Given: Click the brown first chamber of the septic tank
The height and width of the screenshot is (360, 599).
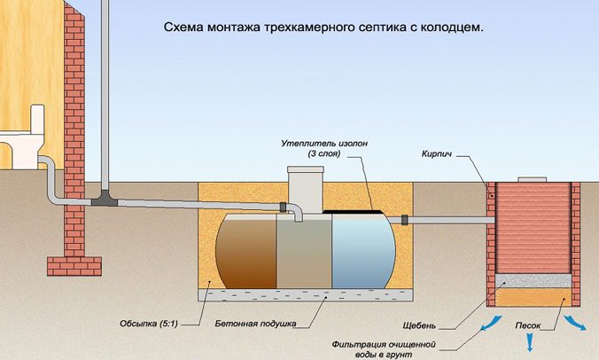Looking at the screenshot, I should pyautogui.click(x=246, y=252).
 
